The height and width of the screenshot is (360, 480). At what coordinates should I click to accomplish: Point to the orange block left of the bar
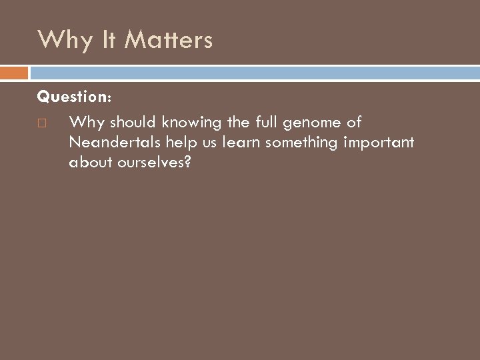(x=14, y=72)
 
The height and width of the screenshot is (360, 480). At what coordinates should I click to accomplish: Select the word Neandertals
(x=115, y=143)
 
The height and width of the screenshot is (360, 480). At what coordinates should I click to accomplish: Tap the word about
(x=88, y=163)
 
